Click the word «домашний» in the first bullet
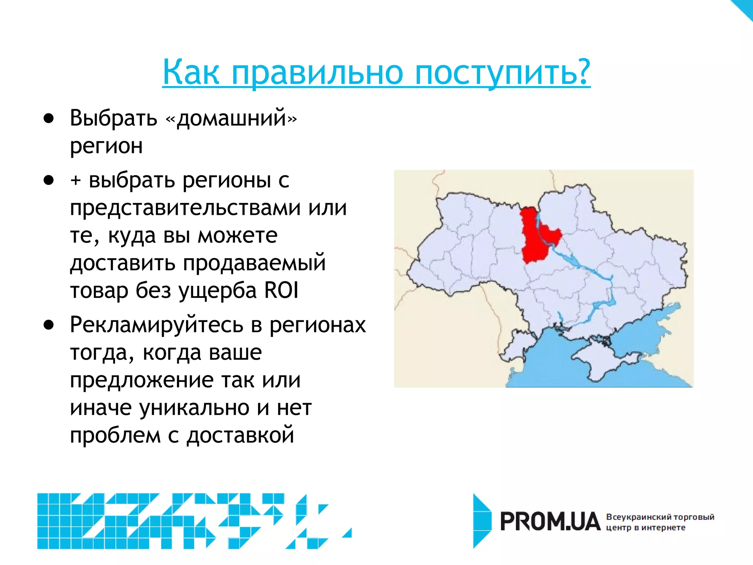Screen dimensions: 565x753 click(x=231, y=118)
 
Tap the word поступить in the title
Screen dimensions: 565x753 click(x=502, y=72)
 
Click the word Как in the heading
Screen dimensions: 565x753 click(x=191, y=72)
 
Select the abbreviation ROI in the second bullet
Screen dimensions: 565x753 click(x=281, y=290)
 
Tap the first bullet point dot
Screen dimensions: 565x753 click(x=49, y=118)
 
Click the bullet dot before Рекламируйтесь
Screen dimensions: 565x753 click(x=49, y=325)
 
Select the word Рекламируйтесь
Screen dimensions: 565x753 click(x=157, y=325)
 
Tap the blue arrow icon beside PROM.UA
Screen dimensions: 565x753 click(x=482, y=521)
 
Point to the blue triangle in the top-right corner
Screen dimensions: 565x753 click(x=745, y=7)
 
